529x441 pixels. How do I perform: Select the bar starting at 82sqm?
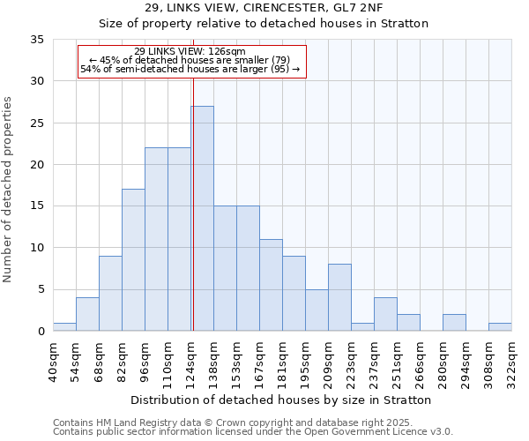tap(133, 260)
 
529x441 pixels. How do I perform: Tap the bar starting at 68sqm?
tap(110, 293)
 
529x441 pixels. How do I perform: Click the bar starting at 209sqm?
tap(339, 297)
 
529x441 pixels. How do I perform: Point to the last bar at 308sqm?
tap(500, 327)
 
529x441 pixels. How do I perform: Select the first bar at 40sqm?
tap(64, 327)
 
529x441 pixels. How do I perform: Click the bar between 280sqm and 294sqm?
tap(454, 323)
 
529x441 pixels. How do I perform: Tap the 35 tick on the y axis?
tap(39, 40)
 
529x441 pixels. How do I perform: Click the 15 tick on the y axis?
tap(39, 206)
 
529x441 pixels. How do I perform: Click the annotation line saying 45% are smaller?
tap(190, 60)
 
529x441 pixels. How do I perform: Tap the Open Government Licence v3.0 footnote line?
tap(253, 432)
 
